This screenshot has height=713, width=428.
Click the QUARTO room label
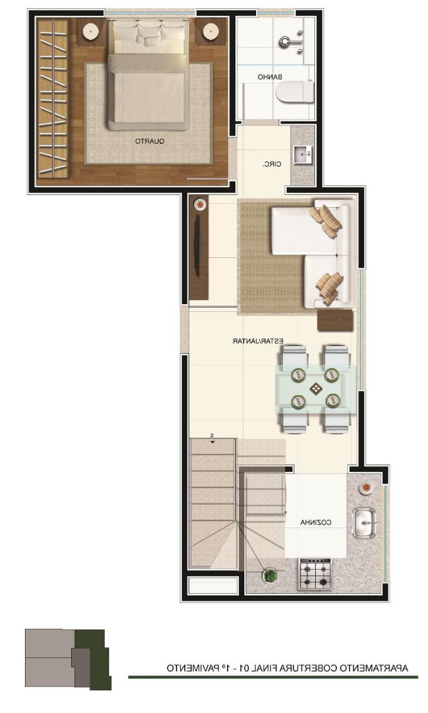[150, 141]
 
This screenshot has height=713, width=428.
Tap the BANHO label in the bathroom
[270, 77]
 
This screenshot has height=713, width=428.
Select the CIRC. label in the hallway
[272, 164]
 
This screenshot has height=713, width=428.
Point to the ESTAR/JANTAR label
[257, 341]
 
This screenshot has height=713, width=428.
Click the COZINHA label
[316, 522]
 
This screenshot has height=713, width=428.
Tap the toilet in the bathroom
[295, 92]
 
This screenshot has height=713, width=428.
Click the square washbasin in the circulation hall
[303, 154]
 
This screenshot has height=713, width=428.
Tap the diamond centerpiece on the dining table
[316, 389]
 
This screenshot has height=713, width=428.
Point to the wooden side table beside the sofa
[335, 320]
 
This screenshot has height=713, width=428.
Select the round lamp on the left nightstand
[90, 31]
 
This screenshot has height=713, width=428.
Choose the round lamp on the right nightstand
[210, 31]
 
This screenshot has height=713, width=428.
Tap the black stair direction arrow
[212, 442]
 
